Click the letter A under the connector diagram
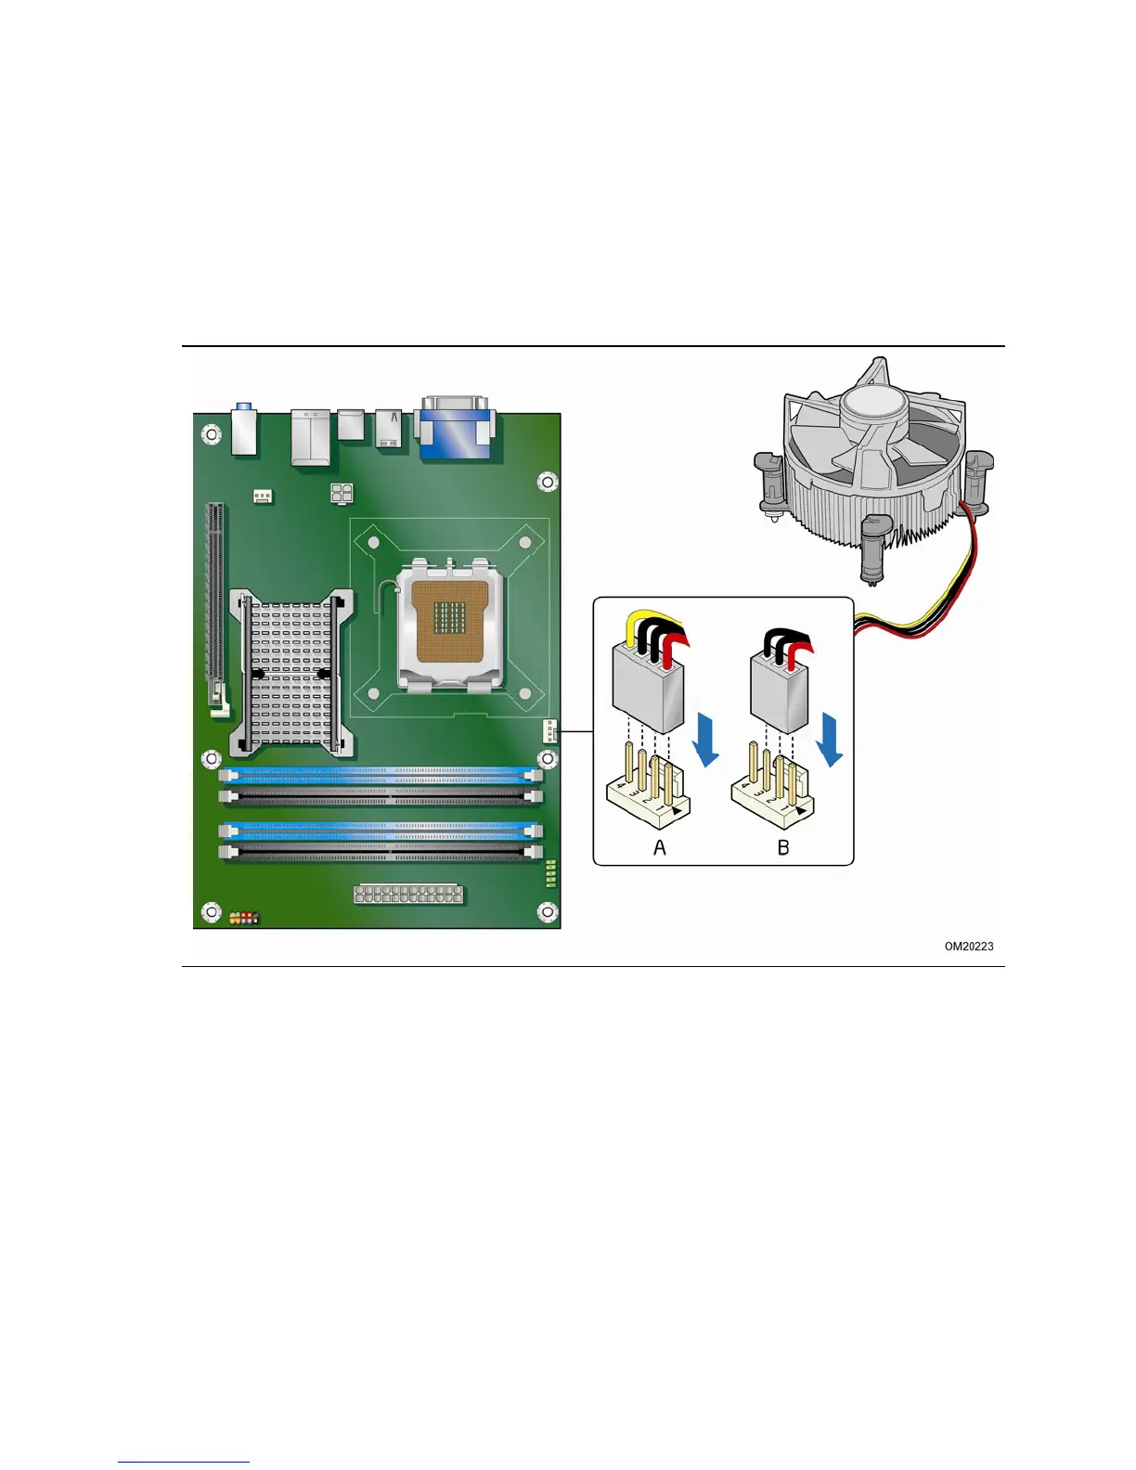click(660, 847)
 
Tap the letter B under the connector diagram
click(783, 847)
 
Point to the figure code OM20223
click(969, 947)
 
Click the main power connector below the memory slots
click(408, 895)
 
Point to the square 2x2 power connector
click(341, 493)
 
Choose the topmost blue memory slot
click(381, 772)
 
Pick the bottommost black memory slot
click(381, 851)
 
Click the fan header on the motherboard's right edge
click(549, 731)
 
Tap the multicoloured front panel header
click(244, 918)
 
